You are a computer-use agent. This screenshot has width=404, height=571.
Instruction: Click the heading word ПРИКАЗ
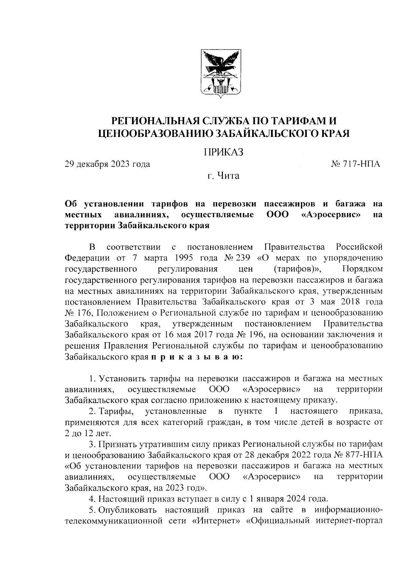[223, 152]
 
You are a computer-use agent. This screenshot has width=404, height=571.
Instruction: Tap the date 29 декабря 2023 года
[107, 164]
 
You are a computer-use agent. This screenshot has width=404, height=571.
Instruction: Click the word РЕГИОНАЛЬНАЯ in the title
[156, 120]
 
